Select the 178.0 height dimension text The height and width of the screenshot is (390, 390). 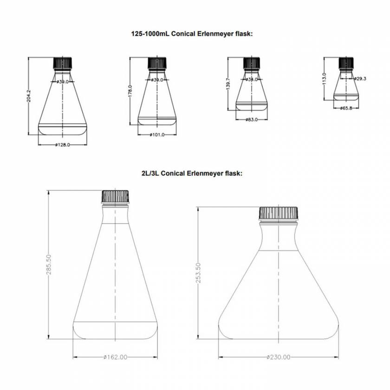[130, 92]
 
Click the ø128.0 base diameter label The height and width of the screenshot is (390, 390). [62, 145]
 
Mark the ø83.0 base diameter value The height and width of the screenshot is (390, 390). [252, 119]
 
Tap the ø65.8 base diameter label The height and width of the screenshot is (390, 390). [346, 108]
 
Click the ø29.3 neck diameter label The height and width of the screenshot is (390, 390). [360, 79]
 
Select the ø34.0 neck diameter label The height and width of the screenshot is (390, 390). [252, 79]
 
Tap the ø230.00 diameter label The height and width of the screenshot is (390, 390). [279, 357]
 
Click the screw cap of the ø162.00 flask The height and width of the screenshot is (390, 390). [115, 197]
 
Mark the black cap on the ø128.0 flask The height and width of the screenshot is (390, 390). [62, 62]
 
